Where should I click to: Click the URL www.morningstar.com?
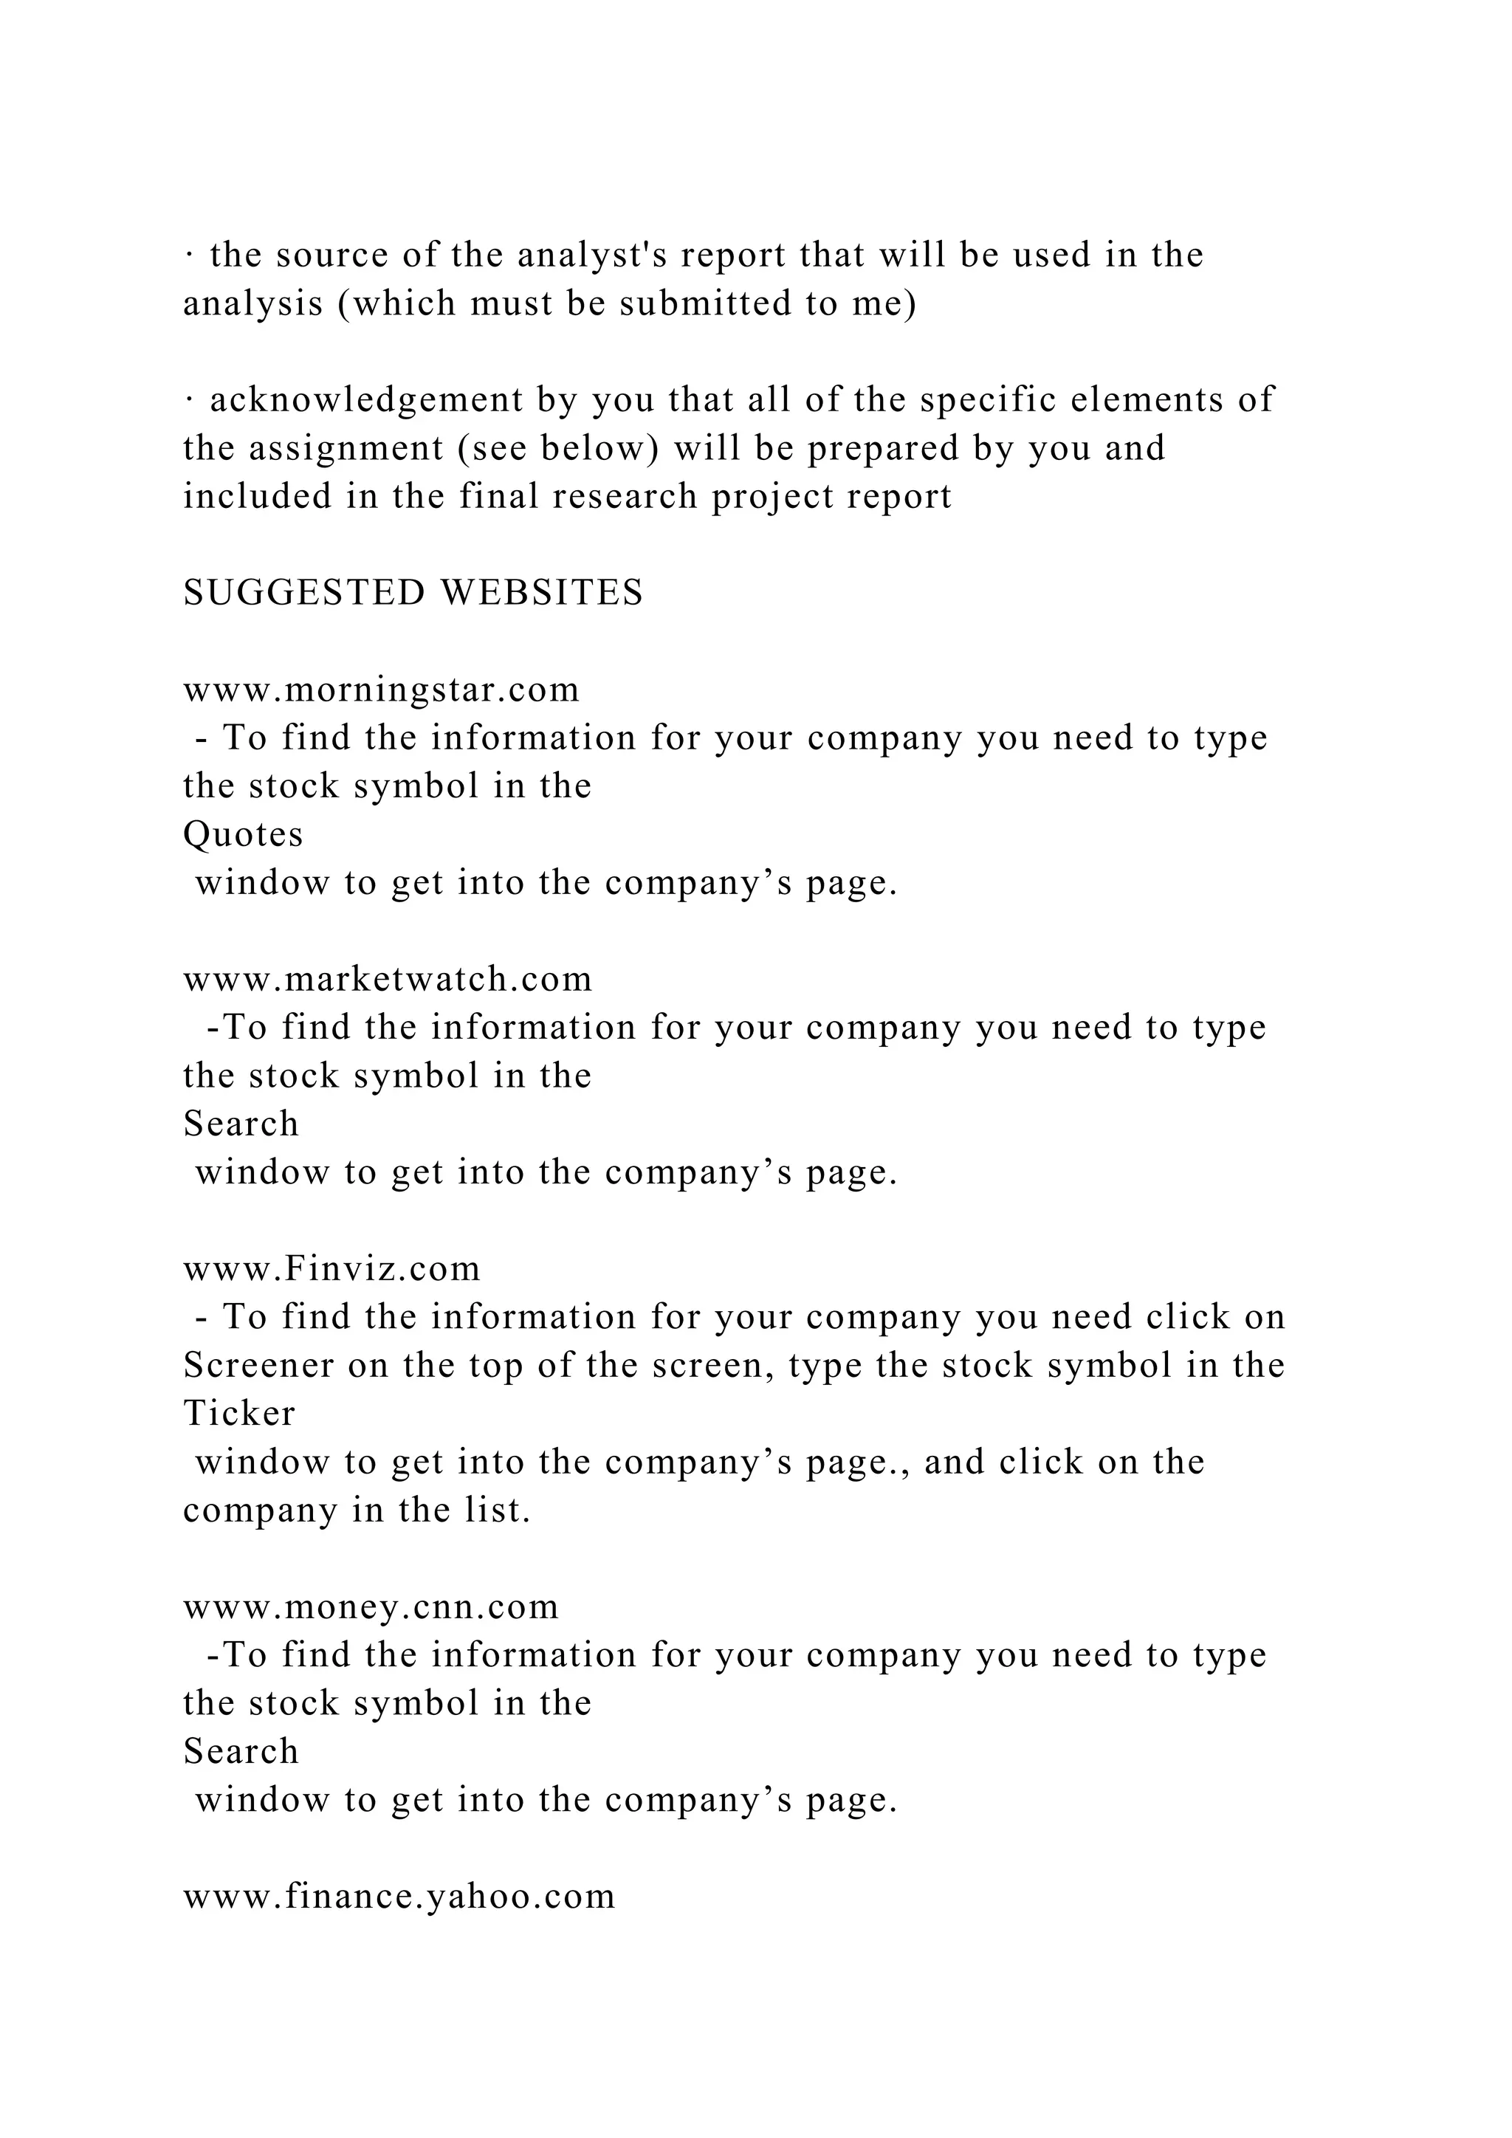click(x=381, y=690)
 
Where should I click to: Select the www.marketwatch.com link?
click(x=388, y=980)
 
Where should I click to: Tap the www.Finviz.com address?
click(x=331, y=1269)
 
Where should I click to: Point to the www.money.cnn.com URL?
click(x=371, y=1607)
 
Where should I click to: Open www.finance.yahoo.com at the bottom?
click(x=399, y=1897)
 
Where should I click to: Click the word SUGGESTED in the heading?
click(x=303, y=593)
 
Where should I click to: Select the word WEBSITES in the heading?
click(x=542, y=593)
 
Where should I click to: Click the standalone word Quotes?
click(x=243, y=834)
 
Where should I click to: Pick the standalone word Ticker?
click(x=239, y=1414)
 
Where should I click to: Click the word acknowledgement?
click(x=366, y=400)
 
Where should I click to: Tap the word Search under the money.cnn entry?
click(x=241, y=1752)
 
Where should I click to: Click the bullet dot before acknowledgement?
click(x=188, y=400)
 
